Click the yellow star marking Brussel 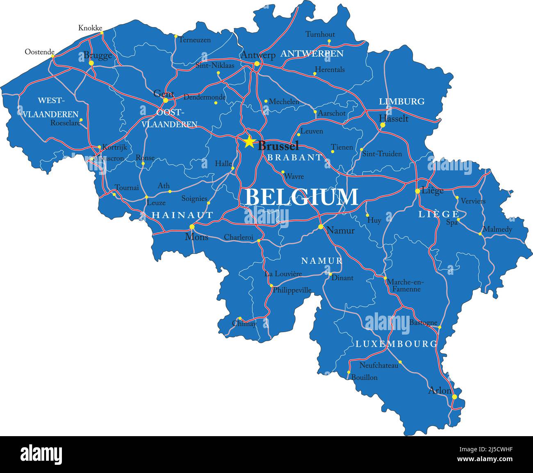249,142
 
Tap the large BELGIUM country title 301,197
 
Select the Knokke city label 90,28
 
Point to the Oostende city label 39,52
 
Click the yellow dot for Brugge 91,63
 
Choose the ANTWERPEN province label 312,54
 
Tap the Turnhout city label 320,34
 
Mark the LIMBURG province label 401,102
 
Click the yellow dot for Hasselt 383,125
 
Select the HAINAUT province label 182,215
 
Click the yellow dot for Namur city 321,226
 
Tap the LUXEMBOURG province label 396,344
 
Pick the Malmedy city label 497,229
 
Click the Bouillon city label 364,378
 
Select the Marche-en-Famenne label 405,285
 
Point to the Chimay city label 244,324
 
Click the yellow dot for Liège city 417,191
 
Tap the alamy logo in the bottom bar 41,454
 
